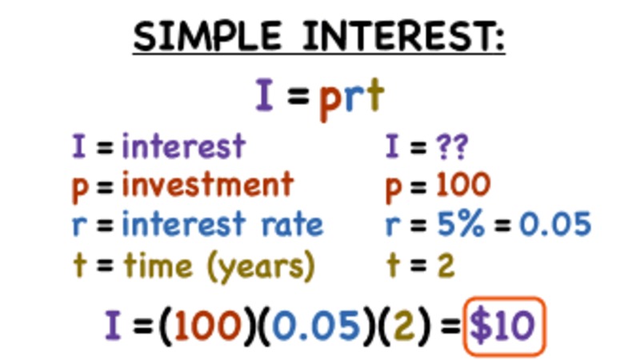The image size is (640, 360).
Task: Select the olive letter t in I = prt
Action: point(375,97)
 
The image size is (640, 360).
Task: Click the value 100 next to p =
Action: point(463,186)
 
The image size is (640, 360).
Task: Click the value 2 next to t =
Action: point(446,264)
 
